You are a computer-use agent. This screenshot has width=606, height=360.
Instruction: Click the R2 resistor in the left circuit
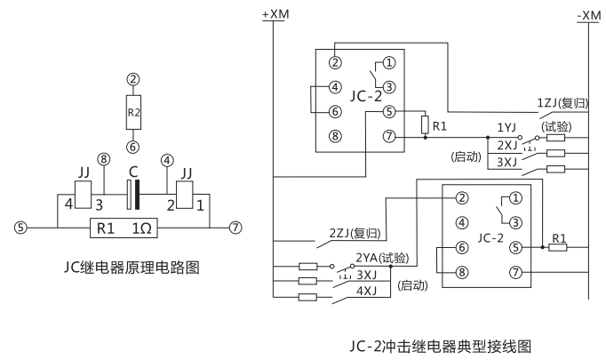133,114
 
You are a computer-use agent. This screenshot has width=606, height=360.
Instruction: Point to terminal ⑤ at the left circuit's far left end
20,228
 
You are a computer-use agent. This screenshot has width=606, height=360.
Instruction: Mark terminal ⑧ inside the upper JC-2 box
335,138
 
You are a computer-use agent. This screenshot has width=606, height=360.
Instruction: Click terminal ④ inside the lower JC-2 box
462,222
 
